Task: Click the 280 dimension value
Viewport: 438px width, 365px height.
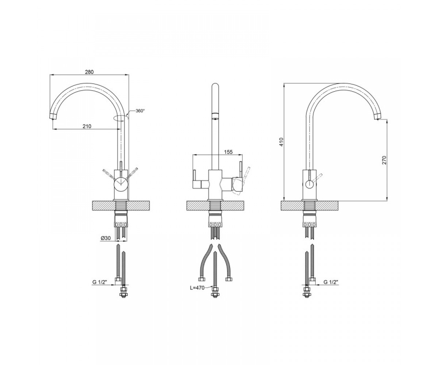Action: (x=89, y=72)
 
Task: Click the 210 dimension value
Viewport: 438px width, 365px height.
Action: (x=87, y=126)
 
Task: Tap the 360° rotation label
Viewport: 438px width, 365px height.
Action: (x=140, y=111)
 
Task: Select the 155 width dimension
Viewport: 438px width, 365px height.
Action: (x=228, y=152)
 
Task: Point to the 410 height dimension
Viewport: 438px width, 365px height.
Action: (x=281, y=142)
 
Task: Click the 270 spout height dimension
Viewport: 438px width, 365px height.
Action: (x=384, y=160)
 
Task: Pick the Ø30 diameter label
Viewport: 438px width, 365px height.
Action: (x=106, y=238)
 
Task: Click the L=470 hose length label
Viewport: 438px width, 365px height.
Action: (x=197, y=288)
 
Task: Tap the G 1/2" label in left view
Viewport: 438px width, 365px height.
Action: (x=100, y=282)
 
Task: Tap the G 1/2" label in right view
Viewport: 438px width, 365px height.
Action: (x=331, y=282)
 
